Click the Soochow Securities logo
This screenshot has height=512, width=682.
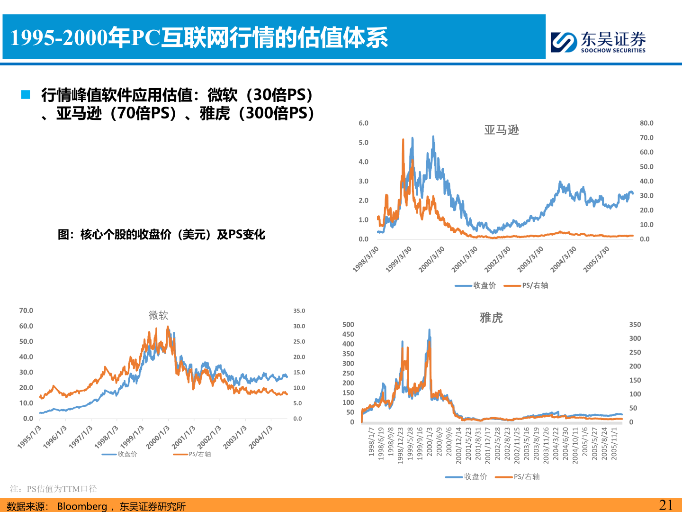pyautogui.click(x=598, y=42)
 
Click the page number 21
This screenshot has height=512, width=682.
pyautogui.click(x=665, y=505)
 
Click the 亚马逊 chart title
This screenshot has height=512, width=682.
pyautogui.click(x=502, y=130)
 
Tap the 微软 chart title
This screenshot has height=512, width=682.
pyautogui.click(x=158, y=315)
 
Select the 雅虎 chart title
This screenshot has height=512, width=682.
pyautogui.click(x=491, y=318)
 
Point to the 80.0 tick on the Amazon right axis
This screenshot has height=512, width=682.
pyautogui.click(x=646, y=123)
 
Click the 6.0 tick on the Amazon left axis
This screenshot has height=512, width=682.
pyautogui.click(x=363, y=123)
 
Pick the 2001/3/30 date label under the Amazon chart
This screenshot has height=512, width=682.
pyautogui.click(x=465, y=259)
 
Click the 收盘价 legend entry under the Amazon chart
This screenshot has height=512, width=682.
pyautogui.click(x=476, y=285)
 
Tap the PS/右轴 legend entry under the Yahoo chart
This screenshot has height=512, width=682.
pyautogui.click(x=518, y=477)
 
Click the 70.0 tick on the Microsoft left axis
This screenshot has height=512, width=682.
pyautogui.click(x=26, y=311)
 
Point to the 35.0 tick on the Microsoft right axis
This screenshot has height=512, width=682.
pyautogui.click(x=299, y=311)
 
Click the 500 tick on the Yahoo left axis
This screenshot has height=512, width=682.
pyautogui.click(x=348, y=325)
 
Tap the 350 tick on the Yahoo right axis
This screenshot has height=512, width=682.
pyautogui.click(x=635, y=325)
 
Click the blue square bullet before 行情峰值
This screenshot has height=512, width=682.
pyautogui.click(x=26, y=95)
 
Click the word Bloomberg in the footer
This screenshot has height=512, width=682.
pyautogui.click(x=82, y=506)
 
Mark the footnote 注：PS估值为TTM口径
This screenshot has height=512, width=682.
pyautogui.click(x=54, y=489)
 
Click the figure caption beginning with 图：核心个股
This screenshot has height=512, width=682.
pyautogui.click(x=162, y=235)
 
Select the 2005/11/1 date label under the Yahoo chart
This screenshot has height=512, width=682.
pyautogui.click(x=614, y=443)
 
